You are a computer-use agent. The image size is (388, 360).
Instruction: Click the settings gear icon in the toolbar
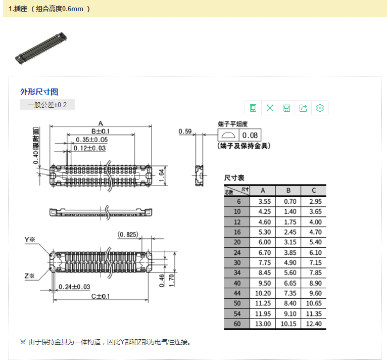(x=320, y=108)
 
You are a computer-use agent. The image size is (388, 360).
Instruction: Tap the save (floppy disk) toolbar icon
(x=286, y=108)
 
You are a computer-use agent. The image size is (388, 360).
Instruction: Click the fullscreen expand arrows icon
(x=270, y=108)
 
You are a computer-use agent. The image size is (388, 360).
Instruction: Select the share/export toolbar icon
(x=303, y=108)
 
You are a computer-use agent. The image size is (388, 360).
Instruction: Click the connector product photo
(x=41, y=48)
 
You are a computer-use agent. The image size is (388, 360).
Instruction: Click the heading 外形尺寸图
(x=39, y=92)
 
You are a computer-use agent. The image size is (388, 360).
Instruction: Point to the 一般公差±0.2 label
(x=47, y=105)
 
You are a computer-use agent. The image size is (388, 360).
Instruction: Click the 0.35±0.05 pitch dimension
(x=92, y=140)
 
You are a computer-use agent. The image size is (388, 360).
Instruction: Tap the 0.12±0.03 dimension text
(x=89, y=148)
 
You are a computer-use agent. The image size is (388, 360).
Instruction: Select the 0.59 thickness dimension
(x=185, y=131)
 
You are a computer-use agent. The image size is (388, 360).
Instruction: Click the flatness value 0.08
(x=250, y=135)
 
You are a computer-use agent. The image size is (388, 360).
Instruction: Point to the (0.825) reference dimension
(x=128, y=234)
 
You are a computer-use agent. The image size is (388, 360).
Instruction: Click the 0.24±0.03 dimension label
(x=74, y=287)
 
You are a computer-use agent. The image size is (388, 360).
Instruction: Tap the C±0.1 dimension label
(x=101, y=296)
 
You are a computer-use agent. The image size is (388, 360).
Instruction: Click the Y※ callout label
(x=30, y=240)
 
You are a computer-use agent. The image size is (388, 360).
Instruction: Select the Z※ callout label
(x=29, y=276)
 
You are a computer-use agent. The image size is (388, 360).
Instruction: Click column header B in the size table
(x=288, y=191)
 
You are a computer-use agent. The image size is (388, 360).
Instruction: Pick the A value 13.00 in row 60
(x=263, y=324)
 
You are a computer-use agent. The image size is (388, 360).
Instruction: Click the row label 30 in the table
(x=237, y=262)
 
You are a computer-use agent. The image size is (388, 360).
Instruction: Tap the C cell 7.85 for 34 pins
(x=315, y=273)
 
